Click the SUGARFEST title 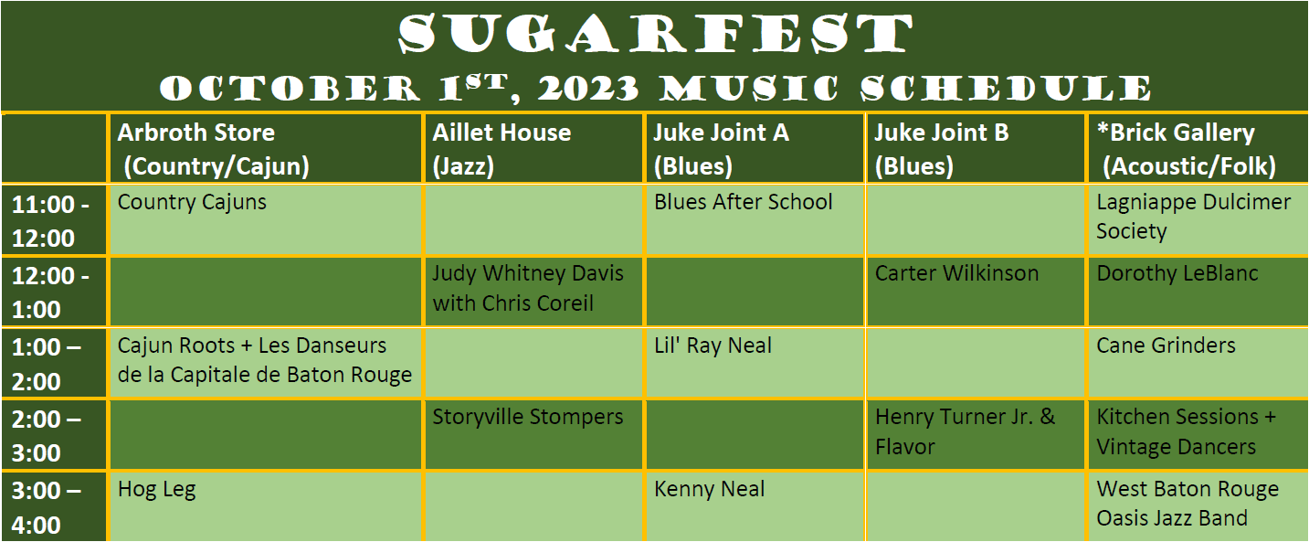(654, 35)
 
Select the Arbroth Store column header (213, 149)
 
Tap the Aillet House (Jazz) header (501, 149)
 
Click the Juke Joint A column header (721, 149)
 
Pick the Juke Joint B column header (942, 149)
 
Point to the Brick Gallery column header (1187, 149)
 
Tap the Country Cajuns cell (192, 202)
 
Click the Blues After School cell (743, 202)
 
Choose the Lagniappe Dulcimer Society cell (1193, 217)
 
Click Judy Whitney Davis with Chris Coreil (527, 288)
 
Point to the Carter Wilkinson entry (956, 273)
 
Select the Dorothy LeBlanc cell (1177, 273)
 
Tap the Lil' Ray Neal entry (713, 345)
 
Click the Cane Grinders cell (1166, 345)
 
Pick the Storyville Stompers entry (527, 417)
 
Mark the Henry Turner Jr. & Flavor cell (965, 431)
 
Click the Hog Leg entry (156, 489)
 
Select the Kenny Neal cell (709, 489)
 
